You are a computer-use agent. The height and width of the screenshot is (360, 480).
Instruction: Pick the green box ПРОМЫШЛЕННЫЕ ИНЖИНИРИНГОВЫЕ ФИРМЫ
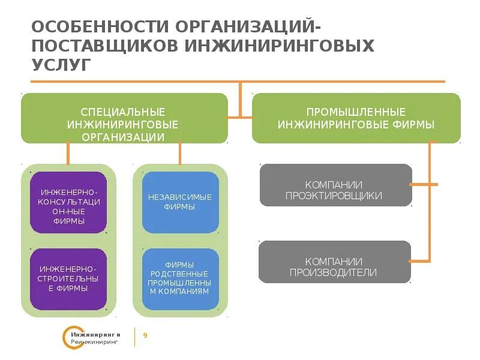(x=356, y=118)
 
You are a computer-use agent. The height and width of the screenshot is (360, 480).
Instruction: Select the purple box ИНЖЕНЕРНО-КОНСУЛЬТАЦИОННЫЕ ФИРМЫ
(x=68, y=202)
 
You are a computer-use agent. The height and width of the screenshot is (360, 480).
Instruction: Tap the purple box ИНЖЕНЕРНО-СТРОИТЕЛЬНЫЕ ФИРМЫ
(x=68, y=279)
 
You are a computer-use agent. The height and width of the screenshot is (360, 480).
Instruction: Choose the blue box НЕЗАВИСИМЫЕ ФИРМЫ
(x=180, y=202)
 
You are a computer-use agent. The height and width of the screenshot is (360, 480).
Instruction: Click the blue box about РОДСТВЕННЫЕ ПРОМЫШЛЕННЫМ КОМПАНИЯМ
(x=180, y=279)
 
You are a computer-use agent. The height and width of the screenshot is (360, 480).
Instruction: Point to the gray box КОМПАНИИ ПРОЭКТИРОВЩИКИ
(x=335, y=185)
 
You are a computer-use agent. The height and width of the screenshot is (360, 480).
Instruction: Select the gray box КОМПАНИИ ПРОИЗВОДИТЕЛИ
(x=335, y=262)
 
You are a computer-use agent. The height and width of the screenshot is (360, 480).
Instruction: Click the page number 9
(x=145, y=335)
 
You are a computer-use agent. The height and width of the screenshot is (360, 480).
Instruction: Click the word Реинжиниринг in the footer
(x=95, y=341)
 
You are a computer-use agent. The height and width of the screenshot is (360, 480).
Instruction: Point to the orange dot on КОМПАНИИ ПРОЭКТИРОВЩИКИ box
(x=411, y=185)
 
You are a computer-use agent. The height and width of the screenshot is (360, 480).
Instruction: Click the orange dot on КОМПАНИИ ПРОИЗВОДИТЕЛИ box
(x=411, y=261)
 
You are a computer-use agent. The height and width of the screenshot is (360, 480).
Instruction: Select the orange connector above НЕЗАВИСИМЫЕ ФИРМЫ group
(x=179, y=154)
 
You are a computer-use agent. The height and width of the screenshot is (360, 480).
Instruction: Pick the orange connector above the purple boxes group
(x=68, y=154)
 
